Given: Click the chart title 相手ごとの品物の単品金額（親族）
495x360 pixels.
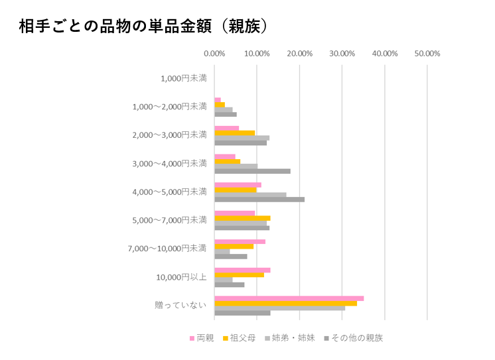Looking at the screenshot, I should pyautogui.click(x=143, y=26).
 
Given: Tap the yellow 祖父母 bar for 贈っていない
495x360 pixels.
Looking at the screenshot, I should pyautogui.click(x=285, y=303).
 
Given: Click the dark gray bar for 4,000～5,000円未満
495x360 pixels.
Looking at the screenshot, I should pyautogui.click(x=259, y=200).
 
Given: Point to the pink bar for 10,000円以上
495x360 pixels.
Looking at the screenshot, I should pyautogui.click(x=242, y=270).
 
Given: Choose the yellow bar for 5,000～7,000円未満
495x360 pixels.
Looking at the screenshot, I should pyautogui.click(x=242, y=218).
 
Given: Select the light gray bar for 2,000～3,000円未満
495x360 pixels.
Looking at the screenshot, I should pyautogui.click(x=242, y=138).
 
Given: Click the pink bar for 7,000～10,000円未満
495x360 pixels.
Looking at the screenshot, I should pyautogui.click(x=240, y=241).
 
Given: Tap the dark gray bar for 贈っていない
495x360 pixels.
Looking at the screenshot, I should pyautogui.click(x=242, y=313).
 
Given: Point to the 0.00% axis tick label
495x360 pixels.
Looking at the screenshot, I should pyautogui.click(x=214, y=54).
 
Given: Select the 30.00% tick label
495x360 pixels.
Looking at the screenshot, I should pyautogui.click(x=342, y=54).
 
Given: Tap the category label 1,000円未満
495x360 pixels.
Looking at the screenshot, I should pyautogui.click(x=183, y=78).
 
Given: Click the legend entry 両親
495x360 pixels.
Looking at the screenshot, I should pyautogui.click(x=201, y=338).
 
